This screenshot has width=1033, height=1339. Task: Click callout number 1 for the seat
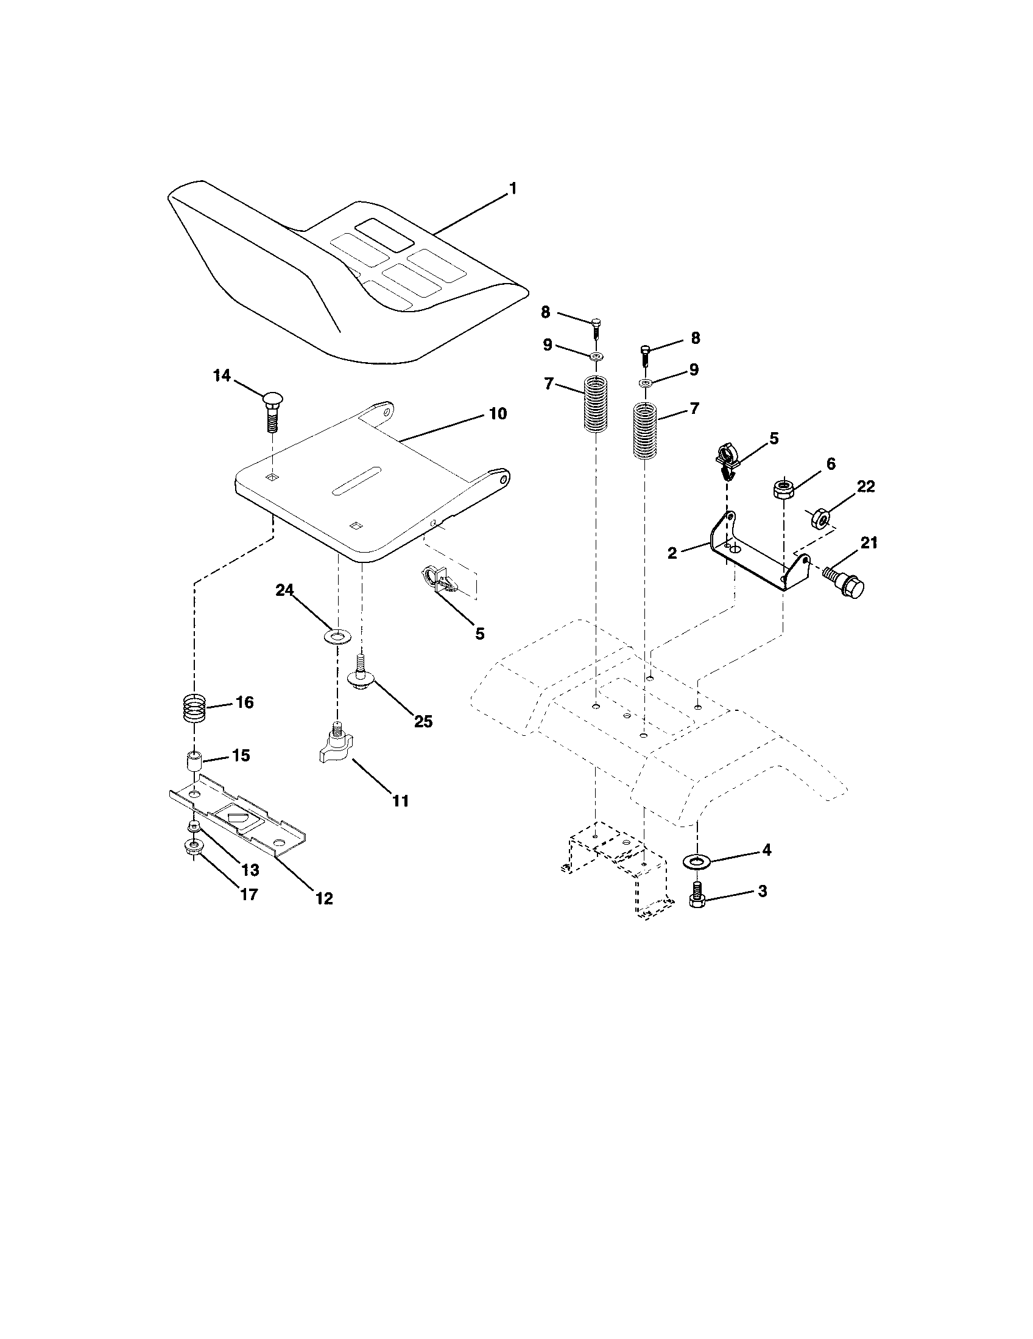pyautogui.click(x=513, y=189)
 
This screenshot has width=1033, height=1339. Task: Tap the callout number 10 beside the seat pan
pyautogui.click(x=498, y=414)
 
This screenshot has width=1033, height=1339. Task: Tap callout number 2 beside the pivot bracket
pyautogui.click(x=672, y=553)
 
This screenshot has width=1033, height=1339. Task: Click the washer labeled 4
pyautogui.click(x=696, y=862)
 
